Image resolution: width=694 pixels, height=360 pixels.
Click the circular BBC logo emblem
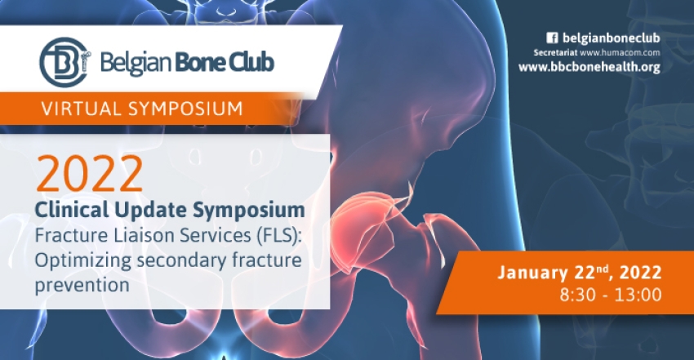(x=65, y=62)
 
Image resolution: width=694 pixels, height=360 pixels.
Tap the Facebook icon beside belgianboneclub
(x=552, y=38)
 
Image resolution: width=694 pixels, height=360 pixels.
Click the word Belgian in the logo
(x=136, y=63)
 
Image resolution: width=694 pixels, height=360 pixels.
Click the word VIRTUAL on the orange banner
(x=81, y=109)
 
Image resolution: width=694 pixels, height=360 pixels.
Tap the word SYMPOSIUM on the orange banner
(x=185, y=109)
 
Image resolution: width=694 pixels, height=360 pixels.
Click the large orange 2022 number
(x=90, y=173)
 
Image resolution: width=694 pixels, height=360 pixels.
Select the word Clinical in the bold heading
(x=72, y=210)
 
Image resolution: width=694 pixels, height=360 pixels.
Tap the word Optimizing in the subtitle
(x=82, y=261)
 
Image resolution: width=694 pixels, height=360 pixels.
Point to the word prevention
(x=82, y=286)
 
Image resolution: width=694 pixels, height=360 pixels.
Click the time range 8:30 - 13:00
(x=611, y=295)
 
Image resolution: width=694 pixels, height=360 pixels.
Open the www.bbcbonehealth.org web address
(x=589, y=67)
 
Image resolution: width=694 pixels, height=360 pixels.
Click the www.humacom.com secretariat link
(x=620, y=52)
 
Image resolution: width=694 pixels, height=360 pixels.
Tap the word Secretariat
(x=555, y=52)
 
